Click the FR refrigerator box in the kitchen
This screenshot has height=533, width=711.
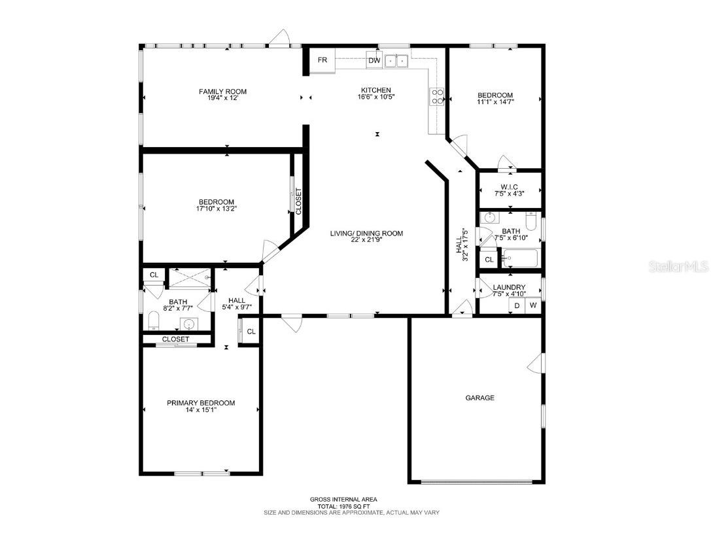coord(322,61)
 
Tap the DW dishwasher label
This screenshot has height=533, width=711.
coord(374,61)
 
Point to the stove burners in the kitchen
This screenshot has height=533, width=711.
coord(437,97)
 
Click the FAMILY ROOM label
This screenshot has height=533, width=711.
coord(223,92)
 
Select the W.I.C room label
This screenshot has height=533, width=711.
coord(510,187)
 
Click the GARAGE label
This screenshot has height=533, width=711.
coord(479,398)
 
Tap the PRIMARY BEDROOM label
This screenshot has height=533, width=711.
coord(201,403)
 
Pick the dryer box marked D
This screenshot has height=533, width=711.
coord(517,305)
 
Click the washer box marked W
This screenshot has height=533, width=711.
coord(533,305)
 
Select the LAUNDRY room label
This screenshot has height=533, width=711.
coord(509,287)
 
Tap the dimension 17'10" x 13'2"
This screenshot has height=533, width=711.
coord(216,209)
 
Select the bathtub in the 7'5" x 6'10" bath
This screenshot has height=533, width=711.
coord(520,259)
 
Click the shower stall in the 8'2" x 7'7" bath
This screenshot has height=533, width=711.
coord(190,278)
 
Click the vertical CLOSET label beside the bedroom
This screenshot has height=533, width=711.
coord(298,203)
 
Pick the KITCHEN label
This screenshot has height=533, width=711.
coord(376,90)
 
